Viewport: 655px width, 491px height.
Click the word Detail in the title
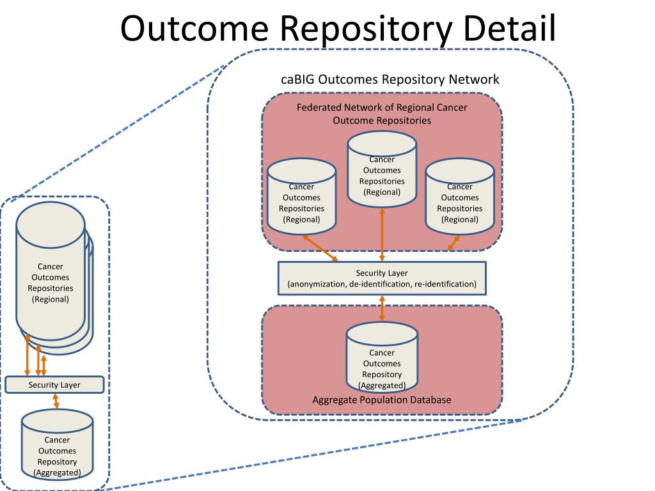(x=509, y=27)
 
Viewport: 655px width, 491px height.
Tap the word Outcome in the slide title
(x=194, y=27)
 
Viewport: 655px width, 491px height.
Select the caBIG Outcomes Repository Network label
(x=390, y=79)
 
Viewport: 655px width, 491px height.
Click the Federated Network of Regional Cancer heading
(x=382, y=107)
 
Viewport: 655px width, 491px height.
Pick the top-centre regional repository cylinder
(x=382, y=169)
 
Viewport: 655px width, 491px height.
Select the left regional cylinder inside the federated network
(x=301, y=196)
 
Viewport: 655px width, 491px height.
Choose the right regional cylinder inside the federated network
(x=459, y=196)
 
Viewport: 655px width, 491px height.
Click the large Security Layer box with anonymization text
(x=382, y=279)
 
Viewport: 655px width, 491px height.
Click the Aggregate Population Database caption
(x=382, y=400)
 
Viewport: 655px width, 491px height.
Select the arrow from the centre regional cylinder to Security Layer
(x=382, y=235)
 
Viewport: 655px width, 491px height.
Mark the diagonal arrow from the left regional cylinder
(x=320, y=249)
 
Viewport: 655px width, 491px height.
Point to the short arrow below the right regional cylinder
(x=454, y=243)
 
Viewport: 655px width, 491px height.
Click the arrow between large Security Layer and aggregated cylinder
(x=382, y=309)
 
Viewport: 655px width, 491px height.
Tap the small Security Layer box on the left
(x=54, y=384)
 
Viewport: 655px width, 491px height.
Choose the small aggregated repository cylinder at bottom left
(x=57, y=445)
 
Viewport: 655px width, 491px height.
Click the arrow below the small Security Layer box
(x=56, y=401)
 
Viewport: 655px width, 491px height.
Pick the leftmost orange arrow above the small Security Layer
(x=27, y=355)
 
